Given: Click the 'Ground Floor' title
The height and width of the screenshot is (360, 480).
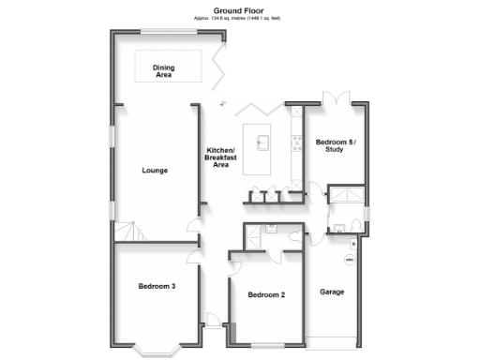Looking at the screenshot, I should [240, 8].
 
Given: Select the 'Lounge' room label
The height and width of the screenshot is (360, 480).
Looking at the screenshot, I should [155, 171].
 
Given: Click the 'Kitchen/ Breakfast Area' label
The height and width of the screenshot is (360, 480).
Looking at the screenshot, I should [221, 157].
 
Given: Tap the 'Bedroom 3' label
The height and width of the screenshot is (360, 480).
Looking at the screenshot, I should [157, 286].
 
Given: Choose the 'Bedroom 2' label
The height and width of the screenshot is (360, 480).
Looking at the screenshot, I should [266, 295].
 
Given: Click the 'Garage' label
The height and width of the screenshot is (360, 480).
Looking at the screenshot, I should [332, 292].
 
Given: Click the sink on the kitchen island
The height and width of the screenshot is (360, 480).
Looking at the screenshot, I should [264, 142].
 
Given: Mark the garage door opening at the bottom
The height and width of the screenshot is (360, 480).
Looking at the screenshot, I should [333, 337].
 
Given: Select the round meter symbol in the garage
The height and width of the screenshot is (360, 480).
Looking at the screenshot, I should [350, 259].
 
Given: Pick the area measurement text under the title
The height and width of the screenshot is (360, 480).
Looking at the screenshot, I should [240, 18].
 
